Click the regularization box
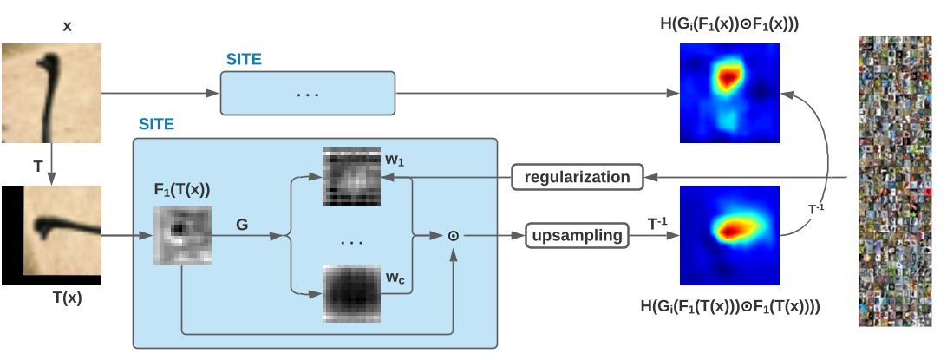577,177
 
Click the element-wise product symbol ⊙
453,235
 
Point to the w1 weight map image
352,175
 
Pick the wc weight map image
352,293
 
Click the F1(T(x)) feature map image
182,234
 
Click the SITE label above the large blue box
156,125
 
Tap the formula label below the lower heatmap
728,305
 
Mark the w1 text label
395,161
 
